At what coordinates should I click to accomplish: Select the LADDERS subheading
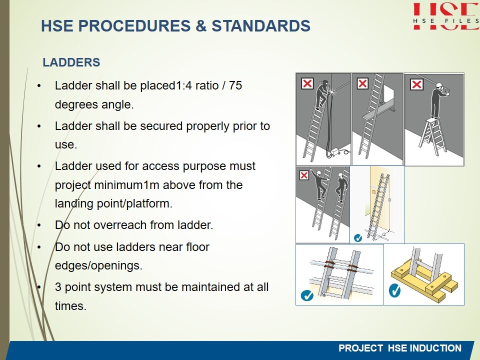pos(71,62)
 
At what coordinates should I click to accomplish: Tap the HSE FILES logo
pos(446,16)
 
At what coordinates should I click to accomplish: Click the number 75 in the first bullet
pos(235,85)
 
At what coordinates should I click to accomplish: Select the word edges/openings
pos(98,265)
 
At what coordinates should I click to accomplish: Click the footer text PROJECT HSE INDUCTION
pos(400,348)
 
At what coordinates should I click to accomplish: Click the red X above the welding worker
pos(307,83)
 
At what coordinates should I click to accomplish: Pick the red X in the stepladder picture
pos(416,84)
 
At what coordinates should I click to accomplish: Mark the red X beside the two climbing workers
pos(304,175)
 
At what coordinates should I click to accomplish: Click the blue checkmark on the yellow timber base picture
pos(394,290)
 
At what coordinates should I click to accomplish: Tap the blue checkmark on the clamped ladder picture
pos(307,295)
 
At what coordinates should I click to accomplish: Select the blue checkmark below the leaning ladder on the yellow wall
pos(357,238)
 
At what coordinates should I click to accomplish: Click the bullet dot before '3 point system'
pos(39,287)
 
